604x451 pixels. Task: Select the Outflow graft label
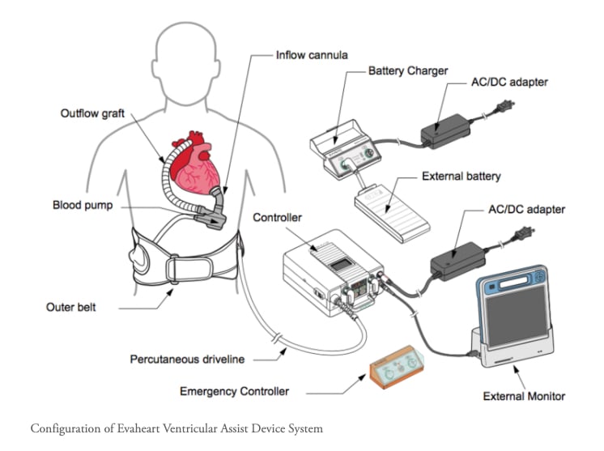(93, 113)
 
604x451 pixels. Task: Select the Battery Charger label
(407, 70)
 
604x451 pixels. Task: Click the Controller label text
(278, 218)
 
